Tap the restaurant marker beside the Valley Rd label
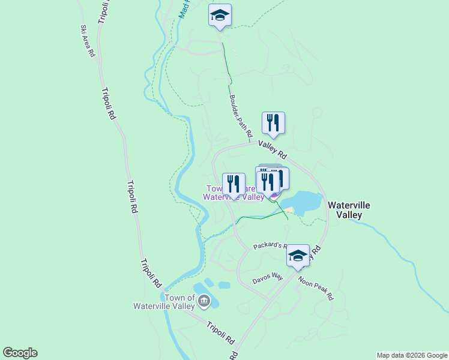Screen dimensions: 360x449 273,123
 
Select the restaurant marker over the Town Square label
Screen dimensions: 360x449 234,184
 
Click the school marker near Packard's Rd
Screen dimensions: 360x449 298,256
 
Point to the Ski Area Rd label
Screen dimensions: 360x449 88,41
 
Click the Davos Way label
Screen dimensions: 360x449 267,278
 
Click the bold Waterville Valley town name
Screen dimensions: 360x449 349,209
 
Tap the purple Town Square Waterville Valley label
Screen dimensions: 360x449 234,193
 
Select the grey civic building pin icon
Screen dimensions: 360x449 204,301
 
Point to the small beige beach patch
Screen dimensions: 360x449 289,210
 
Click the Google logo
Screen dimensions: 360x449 20,353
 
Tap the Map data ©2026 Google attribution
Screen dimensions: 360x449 411,355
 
